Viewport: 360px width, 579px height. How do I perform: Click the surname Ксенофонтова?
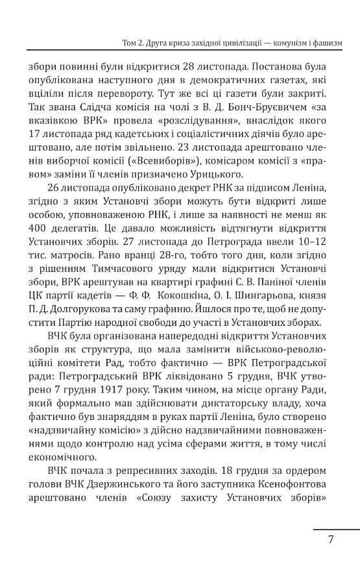(289, 486)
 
